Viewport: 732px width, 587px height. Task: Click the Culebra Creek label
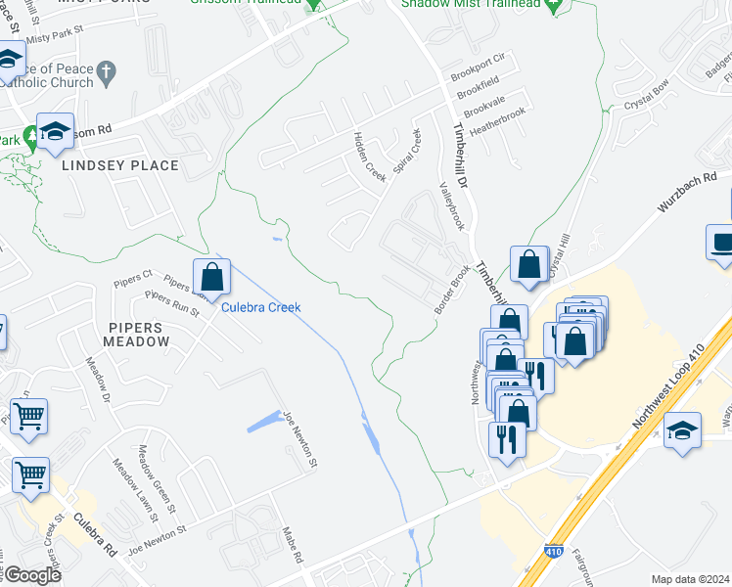coord(260,307)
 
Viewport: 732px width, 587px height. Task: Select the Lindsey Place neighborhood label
coord(120,165)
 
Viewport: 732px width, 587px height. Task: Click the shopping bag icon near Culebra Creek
coord(211,278)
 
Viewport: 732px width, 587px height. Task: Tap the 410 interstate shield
coord(554,552)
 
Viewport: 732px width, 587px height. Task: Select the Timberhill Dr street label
coord(461,156)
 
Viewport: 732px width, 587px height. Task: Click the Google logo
coord(31,575)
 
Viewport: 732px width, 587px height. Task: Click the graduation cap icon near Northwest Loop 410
coord(682,430)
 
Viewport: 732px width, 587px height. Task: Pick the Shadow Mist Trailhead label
coord(471,5)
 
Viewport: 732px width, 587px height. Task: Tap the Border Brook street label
coord(452,292)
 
